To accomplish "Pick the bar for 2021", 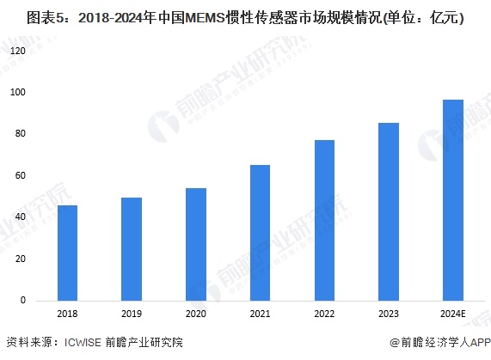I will pyautogui.click(x=260, y=233).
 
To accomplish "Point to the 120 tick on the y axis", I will pyautogui.click(x=18, y=51).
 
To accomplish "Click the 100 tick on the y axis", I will pyautogui.click(x=18, y=92).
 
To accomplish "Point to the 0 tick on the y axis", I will pyautogui.click(x=23, y=301).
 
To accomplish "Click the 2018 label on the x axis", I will pyautogui.click(x=67, y=314).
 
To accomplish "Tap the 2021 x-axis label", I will pyautogui.click(x=260, y=314).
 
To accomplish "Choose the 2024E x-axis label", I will pyautogui.click(x=453, y=314).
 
